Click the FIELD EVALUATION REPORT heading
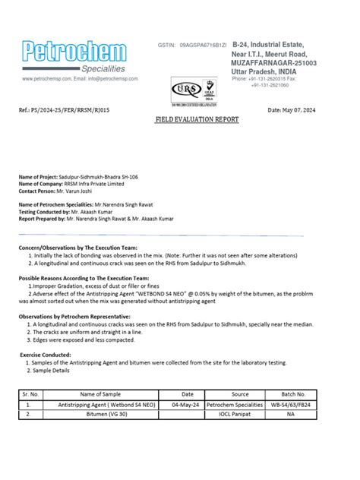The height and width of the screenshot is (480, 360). (197, 120)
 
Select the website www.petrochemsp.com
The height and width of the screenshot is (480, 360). (47, 78)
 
